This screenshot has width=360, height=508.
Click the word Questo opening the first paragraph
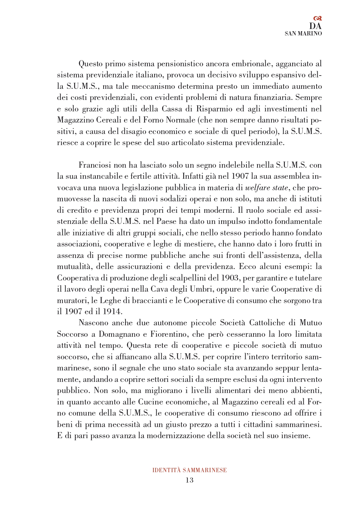tap(90, 64)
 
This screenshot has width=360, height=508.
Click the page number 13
tap(189, 480)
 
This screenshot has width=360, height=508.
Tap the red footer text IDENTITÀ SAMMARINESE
tap(189, 470)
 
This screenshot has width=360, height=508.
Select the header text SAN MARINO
tap(303, 34)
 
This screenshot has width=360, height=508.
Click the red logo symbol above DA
tap(317, 18)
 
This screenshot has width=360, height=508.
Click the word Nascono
tap(94, 323)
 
